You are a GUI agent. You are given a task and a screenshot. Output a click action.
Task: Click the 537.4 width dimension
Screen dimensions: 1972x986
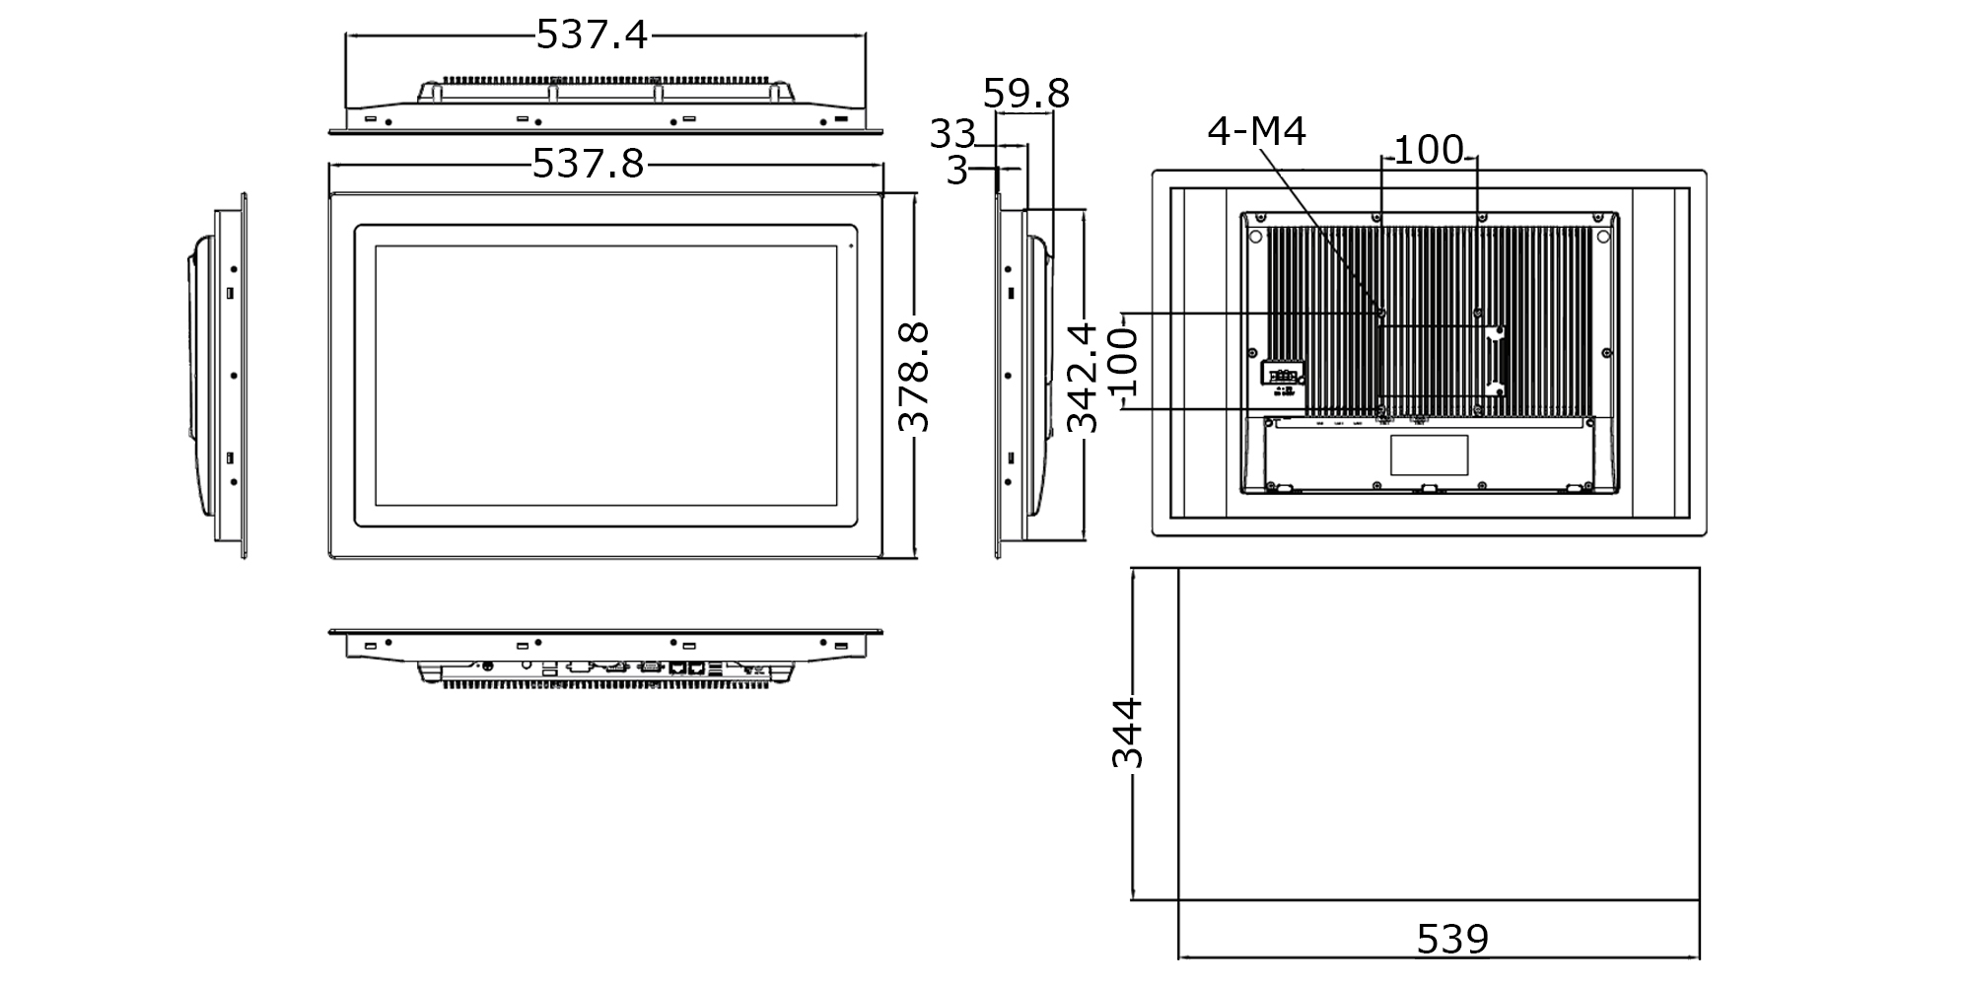pos(592,35)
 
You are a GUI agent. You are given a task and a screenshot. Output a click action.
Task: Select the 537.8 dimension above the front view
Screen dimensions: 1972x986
pos(588,164)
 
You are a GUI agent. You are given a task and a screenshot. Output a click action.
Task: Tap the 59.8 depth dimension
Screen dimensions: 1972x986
pos(1025,94)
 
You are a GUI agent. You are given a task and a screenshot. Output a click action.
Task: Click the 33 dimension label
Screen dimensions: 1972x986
pos(952,134)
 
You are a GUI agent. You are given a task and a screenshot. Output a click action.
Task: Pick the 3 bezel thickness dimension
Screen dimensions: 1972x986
pos(956,171)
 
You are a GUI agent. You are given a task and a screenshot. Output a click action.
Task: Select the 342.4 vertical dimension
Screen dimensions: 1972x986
pos(1083,378)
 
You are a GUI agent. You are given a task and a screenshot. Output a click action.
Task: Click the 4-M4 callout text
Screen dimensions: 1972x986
pos(1256,131)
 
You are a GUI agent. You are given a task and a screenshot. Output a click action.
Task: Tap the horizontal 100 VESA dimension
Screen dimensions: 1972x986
pos(1429,150)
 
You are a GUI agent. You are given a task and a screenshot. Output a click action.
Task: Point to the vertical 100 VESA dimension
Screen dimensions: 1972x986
pos(1123,362)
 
